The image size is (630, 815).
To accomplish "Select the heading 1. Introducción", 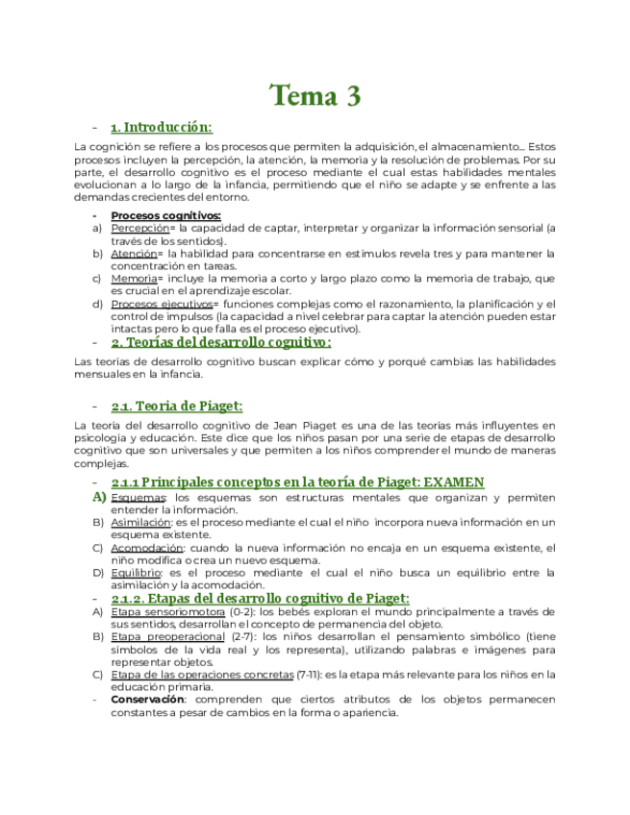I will click(162, 127).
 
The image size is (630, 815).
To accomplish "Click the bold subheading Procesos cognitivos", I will click(165, 215).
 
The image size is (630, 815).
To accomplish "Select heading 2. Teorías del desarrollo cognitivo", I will click(221, 342).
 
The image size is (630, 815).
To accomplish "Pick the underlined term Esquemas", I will click(138, 497).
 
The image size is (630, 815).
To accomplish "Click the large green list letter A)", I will click(99, 497).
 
